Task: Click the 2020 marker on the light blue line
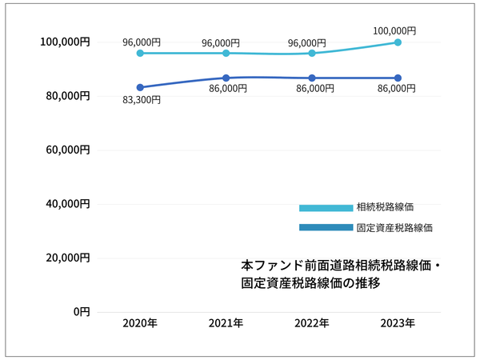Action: tap(140, 53)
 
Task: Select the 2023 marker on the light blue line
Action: tap(398, 42)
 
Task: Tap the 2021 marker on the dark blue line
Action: tap(226, 78)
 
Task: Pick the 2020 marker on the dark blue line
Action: tap(140, 87)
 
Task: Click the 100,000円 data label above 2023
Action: tap(394, 30)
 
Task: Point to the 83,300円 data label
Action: tap(142, 100)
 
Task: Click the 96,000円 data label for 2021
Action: tap(226, 43)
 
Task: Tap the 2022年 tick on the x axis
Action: tap(312, 324)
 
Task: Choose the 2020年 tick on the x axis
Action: tap(140, 324)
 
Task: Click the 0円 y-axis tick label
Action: tap(82, 312)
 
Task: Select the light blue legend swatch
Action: tap(326, 208)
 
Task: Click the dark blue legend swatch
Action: tap(326, 228)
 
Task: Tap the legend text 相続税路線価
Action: tap(385, 208)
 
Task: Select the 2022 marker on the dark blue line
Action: tap(312, 78)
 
